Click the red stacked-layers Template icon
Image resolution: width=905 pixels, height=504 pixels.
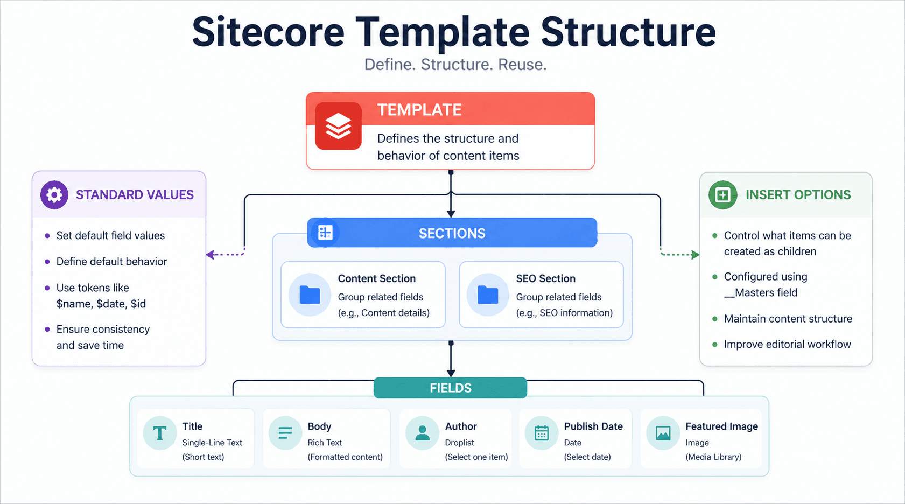pyautogui.click(x=338, y=126)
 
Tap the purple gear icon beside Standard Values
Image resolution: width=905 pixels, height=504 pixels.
pyautogui.click(x=54, y=194)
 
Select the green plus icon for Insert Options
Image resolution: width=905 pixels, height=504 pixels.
pyautogui.click(x=722, y=195)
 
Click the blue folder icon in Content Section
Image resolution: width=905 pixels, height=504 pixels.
pyautogui.click(x=310, y=295)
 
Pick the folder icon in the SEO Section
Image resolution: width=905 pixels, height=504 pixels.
pyautogui.click(x=488, y=295)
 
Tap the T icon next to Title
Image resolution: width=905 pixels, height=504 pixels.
pyautogui.click(x=160, y=433)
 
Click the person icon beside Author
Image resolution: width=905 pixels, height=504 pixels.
pyautogui.click(x=423, y=433)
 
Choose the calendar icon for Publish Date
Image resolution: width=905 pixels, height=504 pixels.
pyautogui.click(x=542, y=433)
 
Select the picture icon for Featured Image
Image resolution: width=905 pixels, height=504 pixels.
pyautogui.click(x=663, y=433)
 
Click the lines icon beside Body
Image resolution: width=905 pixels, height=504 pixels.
pyautogui.click(x=285, y=433)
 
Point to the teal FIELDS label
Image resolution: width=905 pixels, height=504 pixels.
pyautogui.click(x=450, y=388)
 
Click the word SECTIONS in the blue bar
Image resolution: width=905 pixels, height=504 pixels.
pyautogui.click(x=452, y=233)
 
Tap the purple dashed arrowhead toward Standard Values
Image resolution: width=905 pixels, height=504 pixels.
pyautogui.click(x=211, y=255)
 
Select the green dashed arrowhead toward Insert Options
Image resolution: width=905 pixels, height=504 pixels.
pyautogui.click(x=696, y=255)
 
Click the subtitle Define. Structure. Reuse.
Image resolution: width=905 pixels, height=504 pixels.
pyautogui.click(x=455, y=65)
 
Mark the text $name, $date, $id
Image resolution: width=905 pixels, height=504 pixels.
pyautogui.click(x=101, y=304)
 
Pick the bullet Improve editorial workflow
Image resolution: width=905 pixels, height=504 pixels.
pyautogui.click(x=787, y=344)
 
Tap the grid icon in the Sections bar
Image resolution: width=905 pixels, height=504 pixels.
pyautogui.click(x=325, y=233)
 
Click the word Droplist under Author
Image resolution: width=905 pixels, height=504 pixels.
pyautogui.click(x=459, y=443)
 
